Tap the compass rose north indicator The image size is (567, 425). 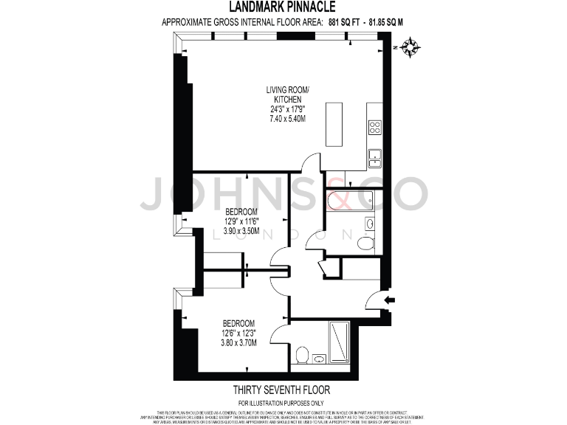coord(412,48)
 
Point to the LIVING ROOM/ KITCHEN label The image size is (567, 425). coord(287,94)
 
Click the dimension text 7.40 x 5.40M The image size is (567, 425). coord(287,118)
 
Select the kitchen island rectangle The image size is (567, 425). coord(334,123)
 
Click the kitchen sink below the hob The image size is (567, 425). coord(374,155)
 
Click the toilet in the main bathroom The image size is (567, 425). coord(365,243)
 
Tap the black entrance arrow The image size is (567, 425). coord(391,300)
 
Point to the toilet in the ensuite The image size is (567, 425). coord(301,356)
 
